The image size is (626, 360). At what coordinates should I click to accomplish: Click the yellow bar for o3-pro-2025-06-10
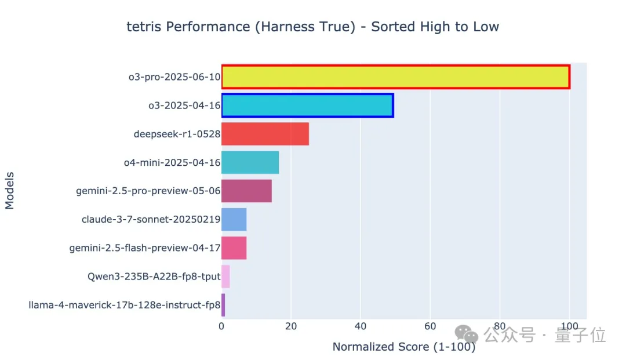[395, 77]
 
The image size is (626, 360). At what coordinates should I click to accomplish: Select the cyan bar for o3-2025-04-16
[307, 106]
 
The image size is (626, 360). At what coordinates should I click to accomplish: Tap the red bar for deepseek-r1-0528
[265, 134]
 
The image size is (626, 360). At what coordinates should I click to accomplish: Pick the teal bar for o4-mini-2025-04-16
[250, 162]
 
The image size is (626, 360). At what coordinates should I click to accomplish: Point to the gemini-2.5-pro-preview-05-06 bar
[246, 191]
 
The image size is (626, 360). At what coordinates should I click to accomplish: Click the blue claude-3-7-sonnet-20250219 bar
[234, 219]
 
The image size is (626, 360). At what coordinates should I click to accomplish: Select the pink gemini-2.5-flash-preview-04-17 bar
[234, 248]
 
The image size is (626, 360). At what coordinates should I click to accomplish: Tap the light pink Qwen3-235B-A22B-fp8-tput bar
[225, 276]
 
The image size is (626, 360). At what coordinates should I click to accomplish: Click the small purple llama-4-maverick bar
[223, 304]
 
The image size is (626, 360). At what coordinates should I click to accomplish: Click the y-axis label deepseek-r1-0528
[177, 134]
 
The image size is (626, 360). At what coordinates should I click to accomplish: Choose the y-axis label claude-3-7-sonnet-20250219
[151, 220]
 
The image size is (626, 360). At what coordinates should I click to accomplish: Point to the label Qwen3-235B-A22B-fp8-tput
[154, 277]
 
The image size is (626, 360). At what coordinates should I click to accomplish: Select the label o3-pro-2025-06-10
[174, 78]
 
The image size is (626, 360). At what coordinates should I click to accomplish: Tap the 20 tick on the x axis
[291, 326]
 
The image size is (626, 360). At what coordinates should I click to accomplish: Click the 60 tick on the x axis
[430, 326]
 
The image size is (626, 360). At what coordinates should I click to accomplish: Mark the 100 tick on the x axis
[569, 326]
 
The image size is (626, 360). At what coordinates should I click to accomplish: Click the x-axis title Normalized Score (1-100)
[403, 347]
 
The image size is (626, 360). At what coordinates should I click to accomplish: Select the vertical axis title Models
[10, 190]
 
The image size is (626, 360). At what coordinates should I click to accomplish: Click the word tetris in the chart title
[144, 27]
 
